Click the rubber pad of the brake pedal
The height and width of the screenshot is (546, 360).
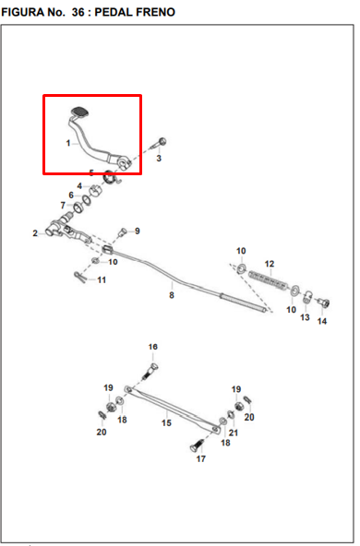(x=79, y=112)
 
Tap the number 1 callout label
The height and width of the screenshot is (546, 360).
(x=68, y=143)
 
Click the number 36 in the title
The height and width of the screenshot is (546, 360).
(x=78, y=12)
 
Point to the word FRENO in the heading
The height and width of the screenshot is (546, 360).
(x=155, y=12)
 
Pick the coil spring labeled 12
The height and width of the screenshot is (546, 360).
(x=269, y=280)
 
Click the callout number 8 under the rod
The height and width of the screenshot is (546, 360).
(x=172, y=295)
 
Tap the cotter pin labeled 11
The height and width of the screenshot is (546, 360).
(x=80, y=278)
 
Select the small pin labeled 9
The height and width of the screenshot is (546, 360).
(x=123, y=232)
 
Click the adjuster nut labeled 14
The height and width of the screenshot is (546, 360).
(x=324, y=303)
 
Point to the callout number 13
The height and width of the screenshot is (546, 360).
(x=305, y=317)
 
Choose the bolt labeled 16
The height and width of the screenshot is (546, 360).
(x=150, y=371)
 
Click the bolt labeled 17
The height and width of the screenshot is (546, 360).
(x=197, y=445)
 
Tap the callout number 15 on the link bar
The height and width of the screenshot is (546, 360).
(x=166, y=422)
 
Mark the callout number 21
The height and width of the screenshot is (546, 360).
(x=234, y=433)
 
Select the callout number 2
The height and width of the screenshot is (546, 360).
(x=35, y=233)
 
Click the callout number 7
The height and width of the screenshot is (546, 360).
(x=63, y=206)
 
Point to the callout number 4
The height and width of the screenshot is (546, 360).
(x=79, y=186)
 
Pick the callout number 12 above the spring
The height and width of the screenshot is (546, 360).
(x=270, y=264)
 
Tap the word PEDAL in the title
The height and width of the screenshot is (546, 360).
(x=114, y=12)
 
